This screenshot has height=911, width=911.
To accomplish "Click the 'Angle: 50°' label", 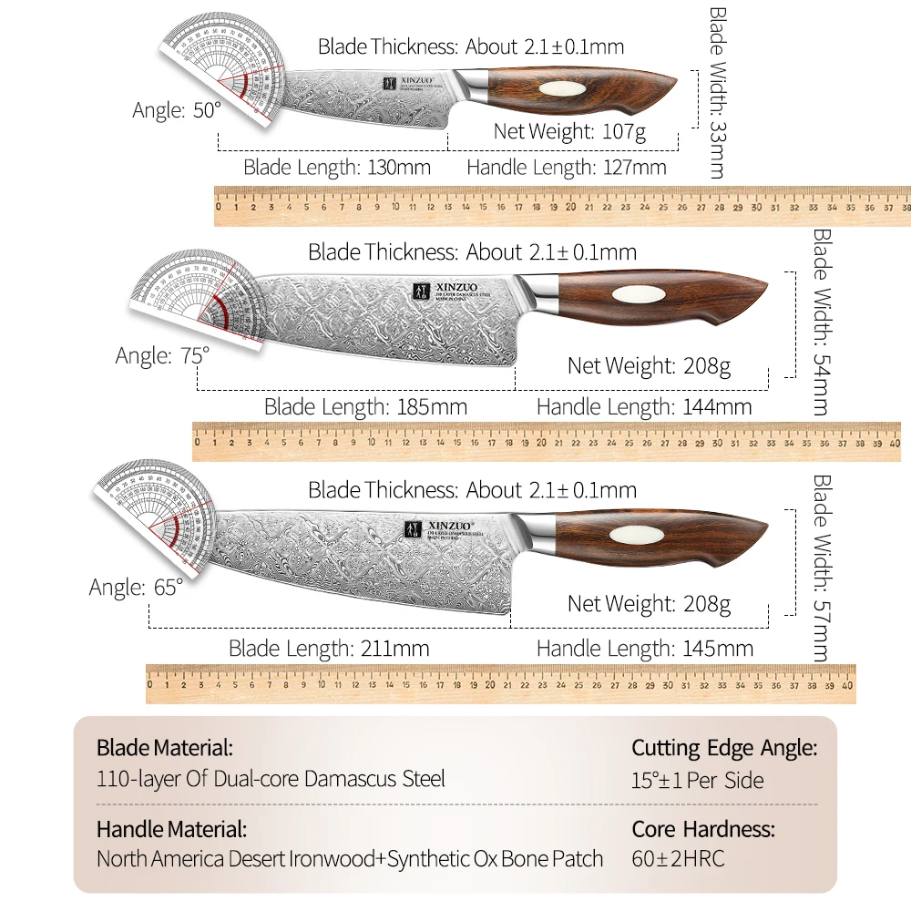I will [x=177, y=110].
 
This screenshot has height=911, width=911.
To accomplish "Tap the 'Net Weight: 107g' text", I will [x=569, y=131].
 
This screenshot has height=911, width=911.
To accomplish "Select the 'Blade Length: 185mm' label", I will [x=365, y=407].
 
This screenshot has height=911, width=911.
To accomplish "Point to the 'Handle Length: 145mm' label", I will [x=644, y=649].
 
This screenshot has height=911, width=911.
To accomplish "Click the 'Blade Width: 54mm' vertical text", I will [x=820, y=322].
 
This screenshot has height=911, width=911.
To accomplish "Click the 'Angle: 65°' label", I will [x=136, y=588].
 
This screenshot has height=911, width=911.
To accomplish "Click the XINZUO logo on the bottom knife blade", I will [x=432, y=527].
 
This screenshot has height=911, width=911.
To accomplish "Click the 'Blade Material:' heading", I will [x=165, y=749].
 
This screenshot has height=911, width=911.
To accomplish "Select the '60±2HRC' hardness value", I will [x=678, y=858].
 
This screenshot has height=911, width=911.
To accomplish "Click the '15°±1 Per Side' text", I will [x=698, y=780].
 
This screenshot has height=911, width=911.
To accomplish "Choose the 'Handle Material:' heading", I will [x=171, y=829].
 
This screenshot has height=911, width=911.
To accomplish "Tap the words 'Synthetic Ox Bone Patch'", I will [x=495, y=858].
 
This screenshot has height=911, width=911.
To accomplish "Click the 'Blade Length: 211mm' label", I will [x=329, y=649].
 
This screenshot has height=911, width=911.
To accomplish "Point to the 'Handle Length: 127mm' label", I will [x=566, y=168].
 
